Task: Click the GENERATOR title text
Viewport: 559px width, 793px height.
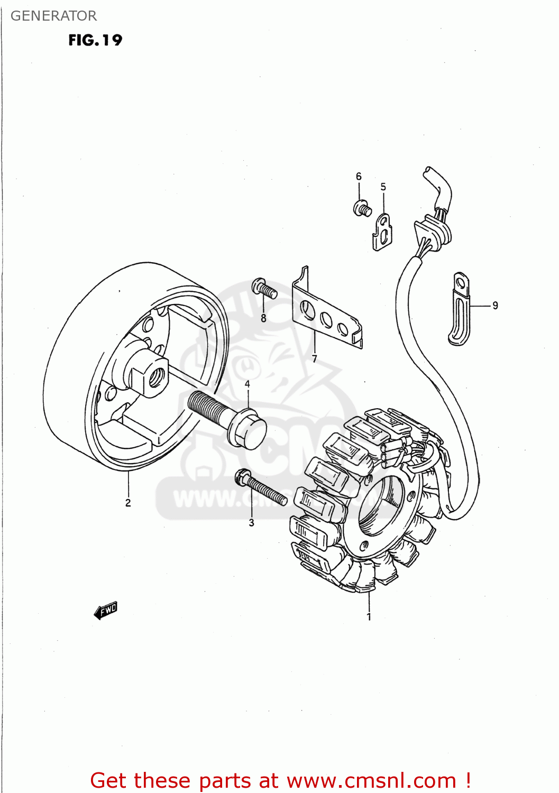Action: click(x=53, y=16)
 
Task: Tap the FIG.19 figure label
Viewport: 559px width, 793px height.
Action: click(x=95, y=40)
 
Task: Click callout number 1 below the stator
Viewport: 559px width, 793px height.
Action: click(x=369, y=616)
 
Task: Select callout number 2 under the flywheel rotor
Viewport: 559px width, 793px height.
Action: click(x=128, y=503)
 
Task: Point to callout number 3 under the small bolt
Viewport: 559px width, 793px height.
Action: click(x=251, y=523)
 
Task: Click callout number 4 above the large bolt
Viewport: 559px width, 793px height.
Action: click(x=247, y=384)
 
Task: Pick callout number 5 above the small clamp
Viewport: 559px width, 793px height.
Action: click(x=383, y=187)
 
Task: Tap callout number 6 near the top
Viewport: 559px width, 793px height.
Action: click(x=359, y=176)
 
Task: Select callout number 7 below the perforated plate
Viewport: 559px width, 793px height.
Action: click(x=314, y=359)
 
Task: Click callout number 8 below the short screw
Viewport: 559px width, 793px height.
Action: click(x=263, y=318)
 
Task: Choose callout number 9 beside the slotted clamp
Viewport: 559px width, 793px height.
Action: click(x=495, y=305)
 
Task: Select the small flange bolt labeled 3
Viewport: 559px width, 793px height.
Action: click(x=262, y=489)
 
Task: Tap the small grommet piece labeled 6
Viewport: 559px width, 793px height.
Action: click(x=362, y=208)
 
